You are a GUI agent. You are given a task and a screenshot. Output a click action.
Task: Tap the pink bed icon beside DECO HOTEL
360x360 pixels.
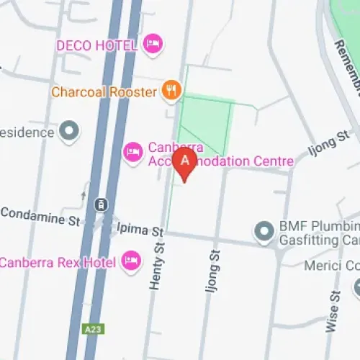point(151,45)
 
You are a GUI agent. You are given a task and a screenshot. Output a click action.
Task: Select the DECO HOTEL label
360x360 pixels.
point(96,45)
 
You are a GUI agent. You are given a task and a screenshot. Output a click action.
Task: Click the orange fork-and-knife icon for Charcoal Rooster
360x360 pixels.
point(170,91)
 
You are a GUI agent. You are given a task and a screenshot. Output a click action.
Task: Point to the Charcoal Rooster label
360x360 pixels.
point(104,91)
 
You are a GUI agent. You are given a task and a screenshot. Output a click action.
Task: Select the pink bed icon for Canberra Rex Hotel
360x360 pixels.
point(130,261)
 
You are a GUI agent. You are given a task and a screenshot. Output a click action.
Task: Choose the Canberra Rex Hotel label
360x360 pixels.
point(58,261)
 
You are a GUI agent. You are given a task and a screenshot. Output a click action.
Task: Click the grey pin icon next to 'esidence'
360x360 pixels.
point(69,132)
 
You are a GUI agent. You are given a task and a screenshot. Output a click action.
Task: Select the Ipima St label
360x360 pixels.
point(140,230)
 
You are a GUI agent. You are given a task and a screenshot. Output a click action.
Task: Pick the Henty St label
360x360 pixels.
point(156,266)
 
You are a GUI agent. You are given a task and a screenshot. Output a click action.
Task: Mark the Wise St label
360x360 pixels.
point(333,311)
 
